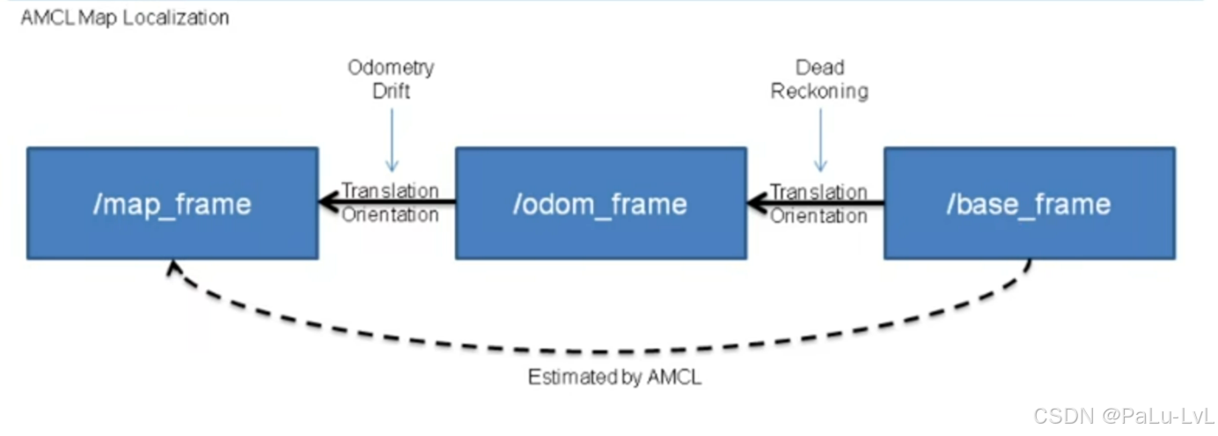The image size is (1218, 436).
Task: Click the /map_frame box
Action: [x=172, y=203]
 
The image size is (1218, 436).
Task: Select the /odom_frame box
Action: [x=600, y=203]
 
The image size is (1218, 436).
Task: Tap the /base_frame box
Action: [x=1029, y=203]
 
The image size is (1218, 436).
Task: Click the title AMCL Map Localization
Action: [x=124, y=18]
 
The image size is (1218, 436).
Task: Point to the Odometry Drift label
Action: [x=391, y=78]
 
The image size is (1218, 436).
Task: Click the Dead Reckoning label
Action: [x=819, y=78]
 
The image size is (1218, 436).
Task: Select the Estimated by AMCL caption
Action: [x=614, y=378]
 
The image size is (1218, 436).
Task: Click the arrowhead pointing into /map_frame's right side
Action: [x=329, y=203]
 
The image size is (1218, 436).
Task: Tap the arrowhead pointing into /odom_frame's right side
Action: [x=757, y=203]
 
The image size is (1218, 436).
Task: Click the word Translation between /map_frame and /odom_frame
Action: [x=390, y=191]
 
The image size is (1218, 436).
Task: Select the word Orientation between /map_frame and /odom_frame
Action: [x=390, y=215]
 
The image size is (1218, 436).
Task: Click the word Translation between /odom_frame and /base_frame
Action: [x=818, y=191]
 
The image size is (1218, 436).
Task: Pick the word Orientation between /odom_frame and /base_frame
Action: [x=818, y=215]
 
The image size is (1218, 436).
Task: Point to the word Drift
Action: [x=391, y=90]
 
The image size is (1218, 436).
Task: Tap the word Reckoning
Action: [x=819, y=90]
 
